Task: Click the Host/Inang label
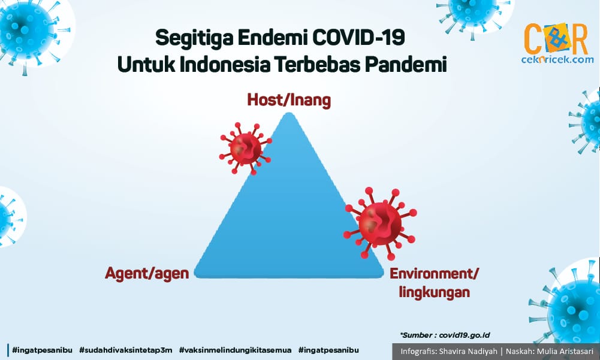(289, 100)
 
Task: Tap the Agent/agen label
(147, 274)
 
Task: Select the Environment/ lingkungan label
(435, 283)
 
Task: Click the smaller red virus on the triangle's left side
(245, 149)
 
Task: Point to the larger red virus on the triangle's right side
(380, 223)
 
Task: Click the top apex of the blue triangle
(290, 113)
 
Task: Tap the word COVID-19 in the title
(358, 38)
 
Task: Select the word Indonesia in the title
(225, 64)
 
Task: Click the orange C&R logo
(556, 39)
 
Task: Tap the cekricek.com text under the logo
(557, 59)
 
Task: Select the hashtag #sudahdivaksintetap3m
(125, 350)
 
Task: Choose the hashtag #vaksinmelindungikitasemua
(235, 350)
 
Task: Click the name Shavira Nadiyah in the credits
(468, 351)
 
